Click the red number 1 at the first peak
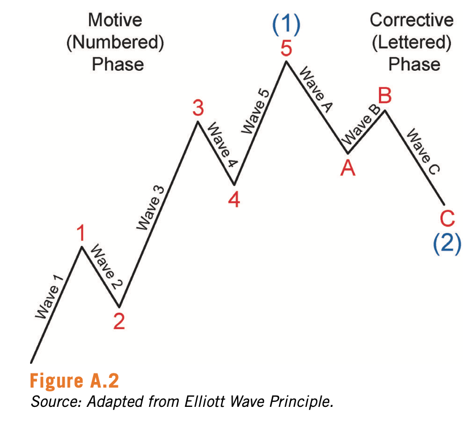(x=83, y=233)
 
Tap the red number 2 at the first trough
(x=119, y=321)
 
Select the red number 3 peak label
(x=198, y=108)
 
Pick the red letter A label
(x=348, y=168)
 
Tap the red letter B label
(x=385, y=96)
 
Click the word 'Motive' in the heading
(x=115, y=20)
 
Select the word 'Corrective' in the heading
(x=412, y=20)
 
